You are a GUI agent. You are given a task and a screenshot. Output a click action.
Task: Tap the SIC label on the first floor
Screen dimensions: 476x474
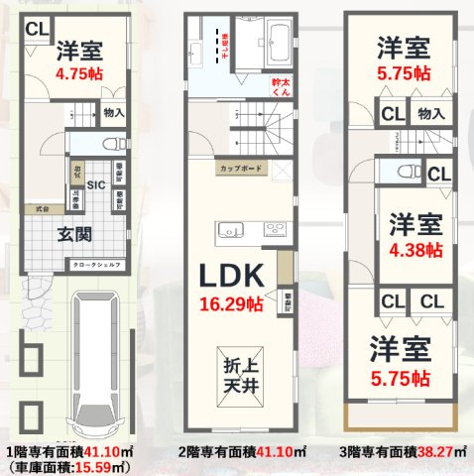click(x=97, y=184)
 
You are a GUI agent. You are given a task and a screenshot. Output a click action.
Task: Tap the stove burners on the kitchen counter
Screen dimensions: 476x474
click(x=273, y=230)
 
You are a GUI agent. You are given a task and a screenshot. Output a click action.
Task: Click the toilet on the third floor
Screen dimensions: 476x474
click(x=406, y=175)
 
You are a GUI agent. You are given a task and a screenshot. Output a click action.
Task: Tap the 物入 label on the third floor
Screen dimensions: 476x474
click(x=431, y=114)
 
